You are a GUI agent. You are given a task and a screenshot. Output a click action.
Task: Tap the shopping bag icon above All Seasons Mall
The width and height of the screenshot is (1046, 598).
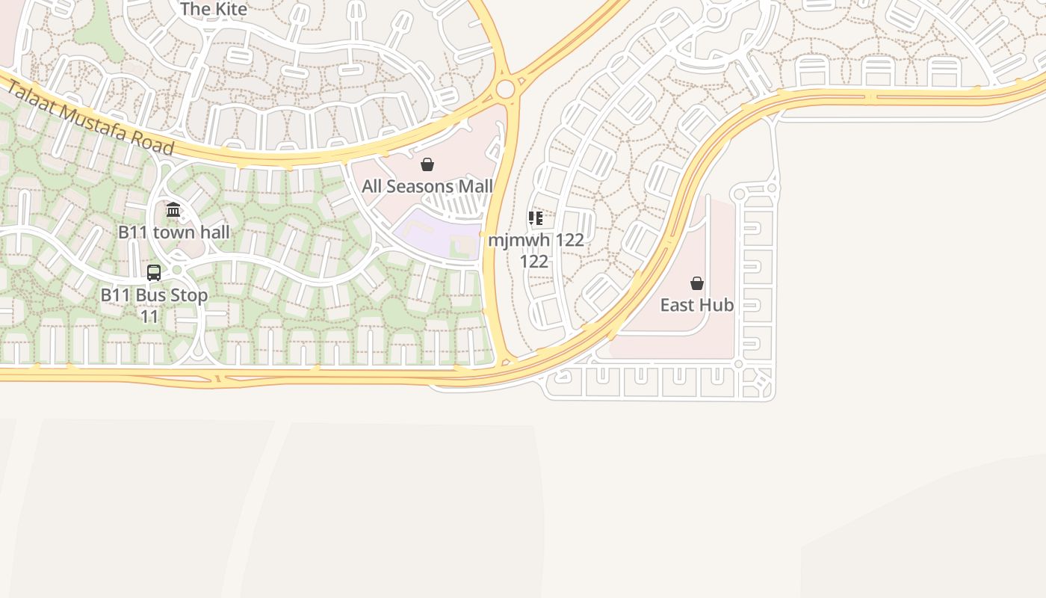pyautogui.click(x=427, y=164)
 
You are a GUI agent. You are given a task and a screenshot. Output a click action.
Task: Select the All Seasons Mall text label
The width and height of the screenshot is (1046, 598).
pyautogui.click(x=427, y=186)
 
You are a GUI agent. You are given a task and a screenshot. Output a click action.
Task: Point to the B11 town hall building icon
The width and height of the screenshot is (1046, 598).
pyautogui.click(x=173, y=210)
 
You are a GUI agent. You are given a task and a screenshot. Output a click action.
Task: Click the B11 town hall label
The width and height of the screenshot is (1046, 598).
pyautogui.click(x=174, y=232)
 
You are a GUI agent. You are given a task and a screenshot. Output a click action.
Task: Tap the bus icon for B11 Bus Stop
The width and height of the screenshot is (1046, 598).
pyautogui.click(x=154, y=273)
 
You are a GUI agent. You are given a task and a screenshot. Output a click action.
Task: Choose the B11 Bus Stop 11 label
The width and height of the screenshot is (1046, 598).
pyautogui.click(x=154, y=305)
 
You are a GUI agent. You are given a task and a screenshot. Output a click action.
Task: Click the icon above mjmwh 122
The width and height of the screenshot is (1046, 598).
pyautogui.click(x=536, y=218)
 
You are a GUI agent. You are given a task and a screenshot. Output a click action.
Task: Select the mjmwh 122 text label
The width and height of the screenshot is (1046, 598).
pyautogui.click(x=536, y=250)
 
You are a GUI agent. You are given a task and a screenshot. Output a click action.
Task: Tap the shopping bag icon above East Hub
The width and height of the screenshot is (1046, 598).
pyautogui.click(x=697, y=283)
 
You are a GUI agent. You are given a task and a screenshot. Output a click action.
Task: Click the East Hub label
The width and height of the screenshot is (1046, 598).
pyautogui.click(x=697, y=305)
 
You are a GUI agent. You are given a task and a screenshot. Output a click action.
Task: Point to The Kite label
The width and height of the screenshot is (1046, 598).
pyautogui.click(x=214, y=9)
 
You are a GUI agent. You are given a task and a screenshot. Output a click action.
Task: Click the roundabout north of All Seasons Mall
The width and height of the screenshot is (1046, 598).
pyautogui.click(x=506, y=90)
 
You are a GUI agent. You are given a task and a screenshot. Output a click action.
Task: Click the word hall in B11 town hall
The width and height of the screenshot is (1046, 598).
pyautogui.click(x=213, y=232)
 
